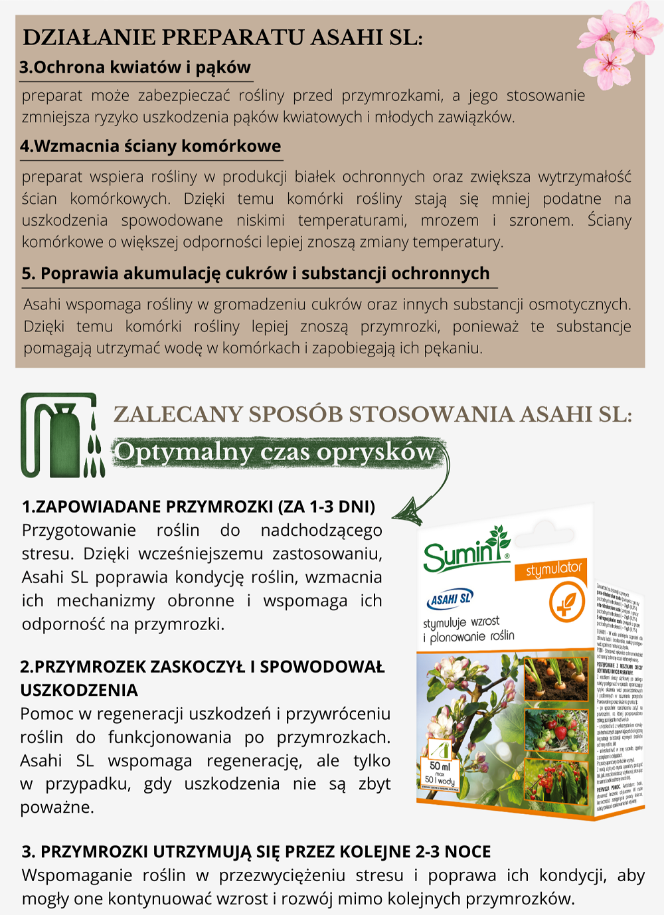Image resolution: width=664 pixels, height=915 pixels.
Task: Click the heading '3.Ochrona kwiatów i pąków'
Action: [135, 67]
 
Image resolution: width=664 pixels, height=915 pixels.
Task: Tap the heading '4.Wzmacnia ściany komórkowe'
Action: [151, 146]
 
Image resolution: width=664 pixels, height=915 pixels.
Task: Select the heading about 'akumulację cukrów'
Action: [256, 274]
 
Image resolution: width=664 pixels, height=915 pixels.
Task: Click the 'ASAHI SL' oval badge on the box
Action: [450, 599]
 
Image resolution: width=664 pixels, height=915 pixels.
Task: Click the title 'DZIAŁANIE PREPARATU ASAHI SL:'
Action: [223, 37]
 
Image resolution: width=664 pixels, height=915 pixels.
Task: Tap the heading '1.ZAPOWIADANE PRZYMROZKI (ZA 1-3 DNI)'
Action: [199, 507]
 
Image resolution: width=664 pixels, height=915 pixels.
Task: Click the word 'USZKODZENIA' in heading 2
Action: [79, 691]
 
